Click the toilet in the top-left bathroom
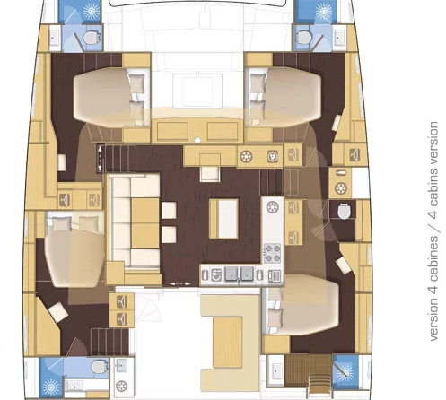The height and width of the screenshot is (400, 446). click(91, 38)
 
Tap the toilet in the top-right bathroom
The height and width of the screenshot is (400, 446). click(303, 38)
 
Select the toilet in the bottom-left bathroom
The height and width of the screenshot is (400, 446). click(100, 367)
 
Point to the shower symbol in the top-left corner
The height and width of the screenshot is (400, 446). click(91, 11)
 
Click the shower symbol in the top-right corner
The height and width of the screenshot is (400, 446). click(323, 12)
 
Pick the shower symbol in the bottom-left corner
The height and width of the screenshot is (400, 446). click(51, 387)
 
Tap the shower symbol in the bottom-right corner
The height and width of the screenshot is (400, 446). click(345, 372)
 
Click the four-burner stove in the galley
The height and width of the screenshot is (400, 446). click(272, 253)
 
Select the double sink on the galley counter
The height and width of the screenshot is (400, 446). click(239, 274)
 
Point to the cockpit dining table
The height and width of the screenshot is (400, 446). click(227, 343)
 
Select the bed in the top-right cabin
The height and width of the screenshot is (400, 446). click(283, 98)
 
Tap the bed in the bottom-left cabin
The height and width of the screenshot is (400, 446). click(74, 249)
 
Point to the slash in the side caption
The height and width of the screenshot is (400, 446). click(433, 227)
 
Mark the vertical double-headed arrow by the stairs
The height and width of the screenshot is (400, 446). click(100, 158)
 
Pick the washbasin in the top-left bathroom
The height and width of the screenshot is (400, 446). click(54, 38)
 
